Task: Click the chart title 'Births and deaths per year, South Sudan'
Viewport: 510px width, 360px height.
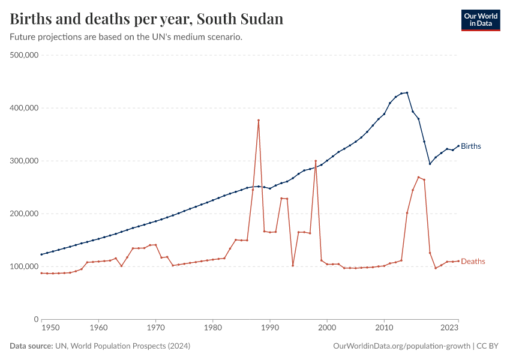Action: (x=146, y=19)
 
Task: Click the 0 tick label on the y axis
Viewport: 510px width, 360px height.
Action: (x=36, y=319)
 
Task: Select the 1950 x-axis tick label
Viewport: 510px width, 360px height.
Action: (x=50, y=328)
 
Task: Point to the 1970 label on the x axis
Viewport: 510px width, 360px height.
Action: (x=155, y=328)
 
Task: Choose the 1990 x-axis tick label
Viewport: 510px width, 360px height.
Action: (x=270, y=328)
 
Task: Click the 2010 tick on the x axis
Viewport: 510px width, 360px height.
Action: (x=384, y=328)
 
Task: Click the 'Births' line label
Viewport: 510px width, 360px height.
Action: (x=471, y=146)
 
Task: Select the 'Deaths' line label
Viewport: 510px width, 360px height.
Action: (x=473, y=262)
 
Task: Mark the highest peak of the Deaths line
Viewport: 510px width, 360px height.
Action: (x=259, y=120)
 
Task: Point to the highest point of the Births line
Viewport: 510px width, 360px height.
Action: (x=407, y=92)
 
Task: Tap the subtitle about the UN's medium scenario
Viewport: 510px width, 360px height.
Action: (x=126, y=37)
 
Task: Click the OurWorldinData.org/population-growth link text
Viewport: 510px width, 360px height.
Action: (x=401, y=346)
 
